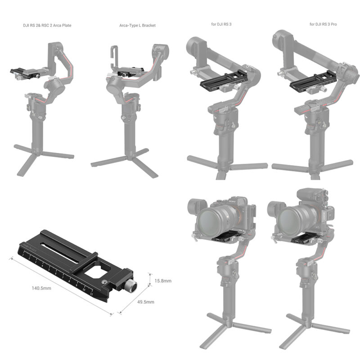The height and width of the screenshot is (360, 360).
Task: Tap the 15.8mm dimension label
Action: coord(163,281)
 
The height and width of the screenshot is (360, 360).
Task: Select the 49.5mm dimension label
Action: coord(146,302)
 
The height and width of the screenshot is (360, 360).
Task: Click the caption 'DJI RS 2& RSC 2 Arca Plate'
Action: coord(47,25)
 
